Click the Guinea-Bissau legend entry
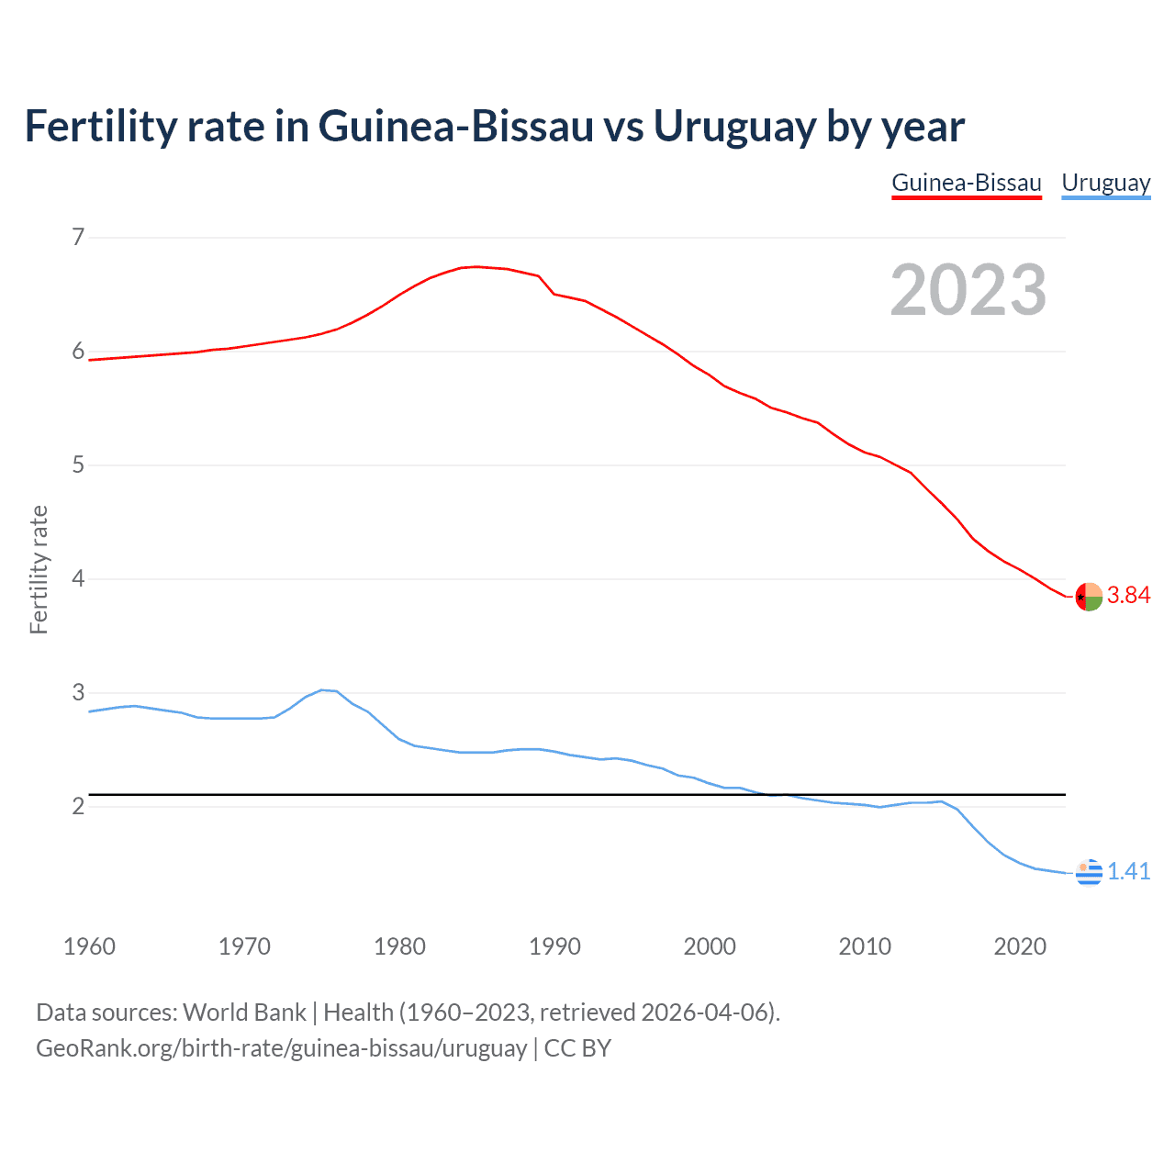coord(967,183)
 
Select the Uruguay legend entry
coord(1105,183)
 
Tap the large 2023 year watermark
coord(968,290)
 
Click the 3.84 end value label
coord(1128,595)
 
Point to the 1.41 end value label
coord(1128,871)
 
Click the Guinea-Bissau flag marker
coord(1089,597)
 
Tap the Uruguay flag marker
coord(1089,872)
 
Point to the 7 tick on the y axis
coord(78,238)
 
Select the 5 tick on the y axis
coord(78,465)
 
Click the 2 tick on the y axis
coord(78,806)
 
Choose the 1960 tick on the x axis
coord(89,946)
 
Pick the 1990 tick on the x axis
coord(554,946)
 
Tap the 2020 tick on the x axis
coord(1020,946)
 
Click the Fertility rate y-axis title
coord(39,569)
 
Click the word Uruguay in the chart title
coord(733,127)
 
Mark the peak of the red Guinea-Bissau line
coord(476,266)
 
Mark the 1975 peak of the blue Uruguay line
coord(321,689)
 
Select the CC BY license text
coord(577,1048)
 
